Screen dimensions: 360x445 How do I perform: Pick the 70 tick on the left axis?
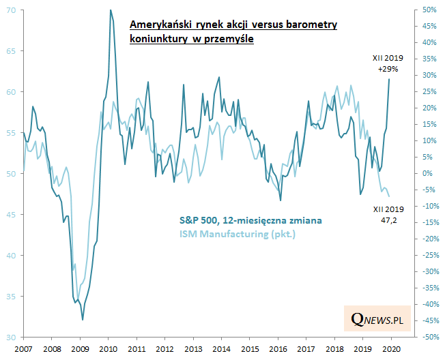point(10,10)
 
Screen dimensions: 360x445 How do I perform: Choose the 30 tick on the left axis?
point(10,337)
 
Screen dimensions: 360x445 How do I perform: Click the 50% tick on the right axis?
point(428,10)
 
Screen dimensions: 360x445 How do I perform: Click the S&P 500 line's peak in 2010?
point(111,10)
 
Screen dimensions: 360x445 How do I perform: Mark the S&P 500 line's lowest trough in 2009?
point(83,319)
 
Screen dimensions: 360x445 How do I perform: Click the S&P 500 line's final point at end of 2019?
point(390,79)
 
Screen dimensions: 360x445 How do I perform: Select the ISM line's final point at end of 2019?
point(389,196)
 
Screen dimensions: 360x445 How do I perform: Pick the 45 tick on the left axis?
point(10,215)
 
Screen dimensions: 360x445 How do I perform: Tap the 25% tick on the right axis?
point(428,92)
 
